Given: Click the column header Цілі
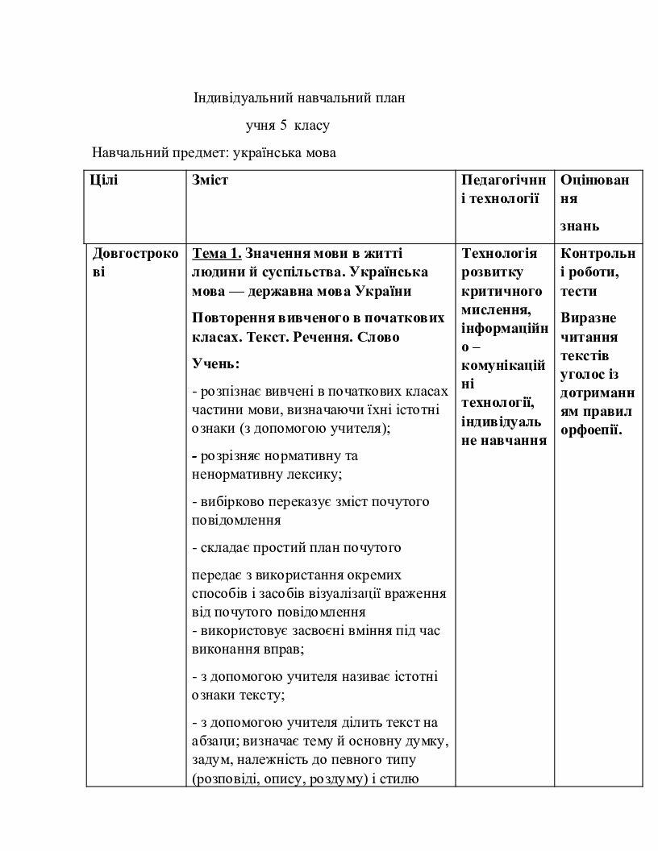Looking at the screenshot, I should (x=105, y=180).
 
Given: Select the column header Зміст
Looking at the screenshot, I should (x=210, y=180).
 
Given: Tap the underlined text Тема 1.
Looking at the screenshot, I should (x=217, y=253).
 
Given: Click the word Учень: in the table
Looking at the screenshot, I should (x=210, y=363).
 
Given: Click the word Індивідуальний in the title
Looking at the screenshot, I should (x=237, y=98).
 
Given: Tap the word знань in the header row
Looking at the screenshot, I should (x=580, y=226).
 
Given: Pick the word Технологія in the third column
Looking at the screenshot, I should (x=499, y=253).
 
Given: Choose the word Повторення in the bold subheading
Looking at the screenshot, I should (x=231, y=318).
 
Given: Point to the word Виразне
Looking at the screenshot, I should (x=588, y=318).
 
